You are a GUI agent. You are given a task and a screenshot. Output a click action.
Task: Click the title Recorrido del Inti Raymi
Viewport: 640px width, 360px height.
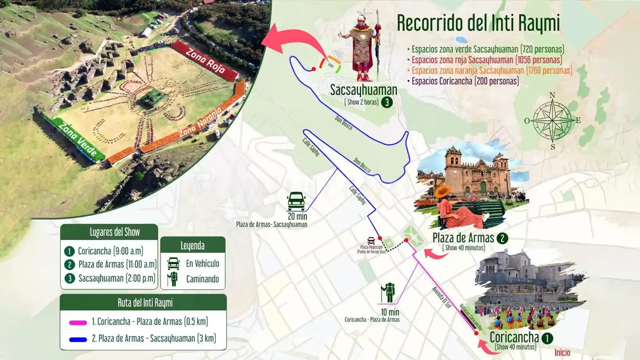[x=478, y=23]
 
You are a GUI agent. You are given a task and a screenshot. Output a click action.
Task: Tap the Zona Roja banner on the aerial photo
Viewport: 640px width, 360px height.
[x=205, y=61]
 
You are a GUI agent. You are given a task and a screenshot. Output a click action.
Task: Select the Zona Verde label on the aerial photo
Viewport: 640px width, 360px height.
[x=77, y=139]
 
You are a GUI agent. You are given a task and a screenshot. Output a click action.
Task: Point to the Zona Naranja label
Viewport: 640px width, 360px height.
[x=200, y=123]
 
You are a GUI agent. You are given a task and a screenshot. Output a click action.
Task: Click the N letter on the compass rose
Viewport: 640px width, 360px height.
[x=552, y=95]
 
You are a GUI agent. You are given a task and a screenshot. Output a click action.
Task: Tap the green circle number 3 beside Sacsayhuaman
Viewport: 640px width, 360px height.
[x=387, y=102]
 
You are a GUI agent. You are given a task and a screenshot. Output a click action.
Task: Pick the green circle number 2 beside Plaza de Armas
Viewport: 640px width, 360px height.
[x=502, y=238]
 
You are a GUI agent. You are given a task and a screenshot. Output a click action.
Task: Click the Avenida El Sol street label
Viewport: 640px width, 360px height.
[x=441, y=297]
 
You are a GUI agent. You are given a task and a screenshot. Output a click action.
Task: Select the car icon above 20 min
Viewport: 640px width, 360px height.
[x=296, y=201]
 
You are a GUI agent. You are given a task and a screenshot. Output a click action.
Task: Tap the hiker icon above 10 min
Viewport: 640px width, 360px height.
[x=388, y=293]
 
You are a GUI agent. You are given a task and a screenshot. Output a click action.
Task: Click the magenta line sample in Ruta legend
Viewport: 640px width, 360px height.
[x=78, y=322]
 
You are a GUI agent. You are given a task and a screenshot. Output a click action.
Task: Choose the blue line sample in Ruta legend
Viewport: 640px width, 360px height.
[x=78, y=339]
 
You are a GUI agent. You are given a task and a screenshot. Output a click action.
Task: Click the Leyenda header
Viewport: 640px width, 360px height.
[x=193, y=246]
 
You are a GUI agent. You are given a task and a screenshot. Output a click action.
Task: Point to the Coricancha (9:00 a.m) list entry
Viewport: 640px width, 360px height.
[x=110, y=251]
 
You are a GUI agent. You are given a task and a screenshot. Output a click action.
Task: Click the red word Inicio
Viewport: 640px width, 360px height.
[x=562, y=352]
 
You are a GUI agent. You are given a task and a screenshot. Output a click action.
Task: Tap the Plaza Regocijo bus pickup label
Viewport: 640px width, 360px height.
[x=371, y=249]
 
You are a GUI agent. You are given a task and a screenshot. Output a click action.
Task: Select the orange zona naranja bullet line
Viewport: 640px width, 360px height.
[x=492, y=71]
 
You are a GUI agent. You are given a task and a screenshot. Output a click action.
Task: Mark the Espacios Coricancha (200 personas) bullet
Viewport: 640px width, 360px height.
[x=465, y=81]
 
